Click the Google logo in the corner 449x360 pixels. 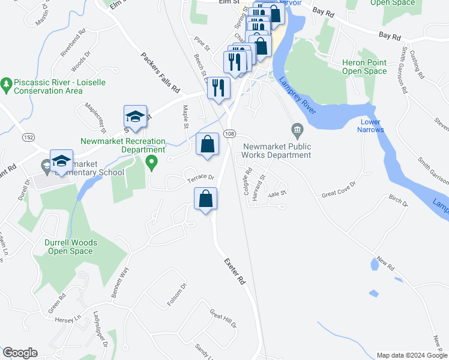[x=19, y=353]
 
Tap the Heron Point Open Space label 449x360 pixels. [x=364, y=67]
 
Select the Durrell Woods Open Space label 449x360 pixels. [x=71, y=247]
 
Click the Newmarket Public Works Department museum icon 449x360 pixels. [x=296, y=129]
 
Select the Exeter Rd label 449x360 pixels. [x=235, y=271]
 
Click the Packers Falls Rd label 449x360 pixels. [x=160, y=72]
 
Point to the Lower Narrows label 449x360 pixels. [x=370, y=126]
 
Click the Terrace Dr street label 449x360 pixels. [x=200, y=178]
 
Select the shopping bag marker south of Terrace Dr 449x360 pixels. [x=205, y=199]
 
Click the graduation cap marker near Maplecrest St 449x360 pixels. [x=136, y=117]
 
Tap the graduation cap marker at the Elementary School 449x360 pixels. [x=61, y=161]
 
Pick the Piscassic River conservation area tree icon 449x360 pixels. [x=7, y=85]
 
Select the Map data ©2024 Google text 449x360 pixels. [x=411, y=355]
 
